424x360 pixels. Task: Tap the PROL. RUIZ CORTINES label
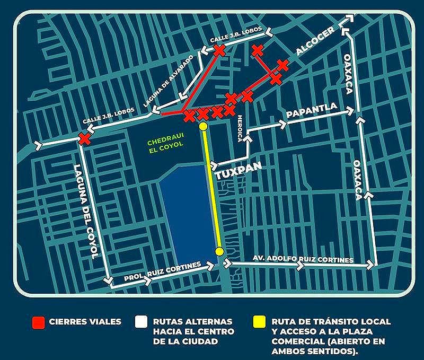point(162,270)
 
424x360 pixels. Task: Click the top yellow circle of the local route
point(203,126)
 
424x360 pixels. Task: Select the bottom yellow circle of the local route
point(219,251)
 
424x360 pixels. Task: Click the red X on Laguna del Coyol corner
point(84,139)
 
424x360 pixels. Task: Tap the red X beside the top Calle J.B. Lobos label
point(219,50)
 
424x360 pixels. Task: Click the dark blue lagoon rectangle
point(185,212)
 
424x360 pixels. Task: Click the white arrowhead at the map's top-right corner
point(349,19)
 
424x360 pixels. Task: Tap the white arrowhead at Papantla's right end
point(349,111)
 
